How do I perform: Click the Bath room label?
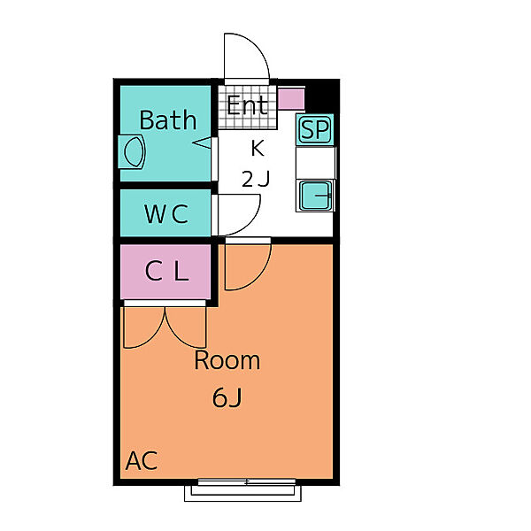pyautogui.click(x=168, y=119)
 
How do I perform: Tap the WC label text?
pyautogui.click(x=166, y=213)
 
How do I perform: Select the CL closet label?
pyautogui.click(x=166, y=271)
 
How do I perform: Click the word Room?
pyautogui.click(x=227, y=360)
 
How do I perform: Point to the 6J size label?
pyautogui.click(x=227, y=397)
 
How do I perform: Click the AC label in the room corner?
pyautogui.click(x=142, y=460)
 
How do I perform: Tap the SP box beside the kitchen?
pyautogui.click(x=315, y=129)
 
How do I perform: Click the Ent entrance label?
pyautogui.click(x=247, y=105)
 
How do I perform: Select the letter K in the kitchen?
pyautogui.click(x=258, y=148)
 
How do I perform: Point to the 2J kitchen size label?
pyautogui.click(x=256, y=179)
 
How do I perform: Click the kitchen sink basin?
pyautogui.click(x=316, y=196)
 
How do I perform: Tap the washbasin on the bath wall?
pyautogui.click(x=132, y=152)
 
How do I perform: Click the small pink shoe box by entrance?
pyautogui.click(x=291, y=99)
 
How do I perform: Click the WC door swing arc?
pyautogui.click(x=250, y=224)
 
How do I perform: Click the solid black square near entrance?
pyautogui.click(x=322, y=96)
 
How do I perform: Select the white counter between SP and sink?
pyautogui.click(x=316, y=163)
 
